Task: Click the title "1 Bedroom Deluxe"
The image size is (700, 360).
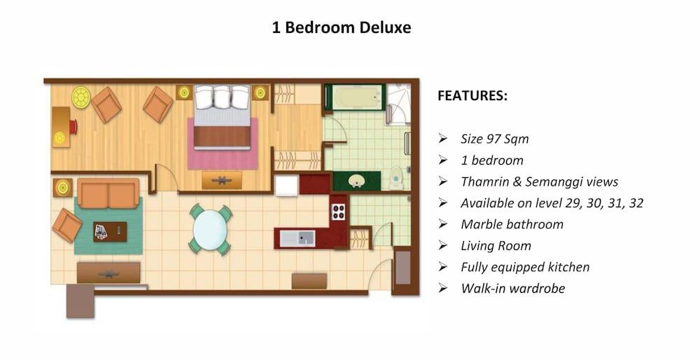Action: point(341,28)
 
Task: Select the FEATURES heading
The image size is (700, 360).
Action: point(472,96)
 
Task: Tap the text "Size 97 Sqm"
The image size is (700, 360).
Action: point(494,139)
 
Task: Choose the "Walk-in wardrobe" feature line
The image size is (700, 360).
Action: point(512,288)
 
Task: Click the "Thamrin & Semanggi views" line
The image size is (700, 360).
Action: point(539,181)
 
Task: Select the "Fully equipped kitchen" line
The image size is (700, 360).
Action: point(525,267)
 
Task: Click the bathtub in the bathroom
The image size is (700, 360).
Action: point(354,98)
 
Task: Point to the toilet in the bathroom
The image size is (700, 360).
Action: point(396,179)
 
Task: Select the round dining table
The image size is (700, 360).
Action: point(210,229)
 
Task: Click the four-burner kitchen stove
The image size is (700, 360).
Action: point(338,211)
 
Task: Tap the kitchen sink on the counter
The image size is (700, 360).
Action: point(297,238)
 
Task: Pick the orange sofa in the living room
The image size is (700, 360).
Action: point(108,193)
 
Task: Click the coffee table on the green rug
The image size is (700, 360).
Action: point(110,231)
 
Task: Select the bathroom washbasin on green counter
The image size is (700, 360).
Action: point(356,181)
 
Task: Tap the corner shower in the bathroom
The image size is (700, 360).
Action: point(398,104)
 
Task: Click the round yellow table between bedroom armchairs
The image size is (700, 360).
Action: point(81,97)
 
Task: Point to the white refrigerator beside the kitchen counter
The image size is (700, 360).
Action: point(286,185)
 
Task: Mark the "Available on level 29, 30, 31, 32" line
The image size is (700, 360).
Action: point(552,203)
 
